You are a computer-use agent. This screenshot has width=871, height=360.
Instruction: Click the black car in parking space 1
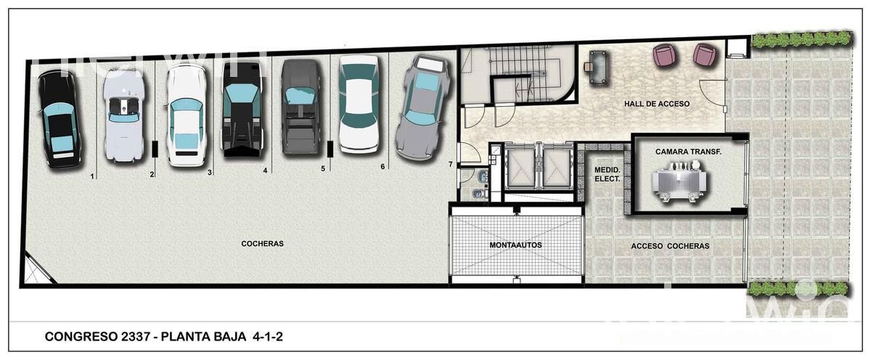tap(60, 119)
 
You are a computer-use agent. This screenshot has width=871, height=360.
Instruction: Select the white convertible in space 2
tap(124, 115)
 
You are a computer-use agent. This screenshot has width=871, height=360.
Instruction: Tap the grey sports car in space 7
tap(422, 107)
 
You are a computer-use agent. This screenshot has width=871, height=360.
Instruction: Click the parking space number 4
tap(265, 171)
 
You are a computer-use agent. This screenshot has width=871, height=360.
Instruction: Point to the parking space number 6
tap(383, 166)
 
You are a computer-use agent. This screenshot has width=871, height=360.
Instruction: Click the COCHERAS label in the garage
tap(263, 244)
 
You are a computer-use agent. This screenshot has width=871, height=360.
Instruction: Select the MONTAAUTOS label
tap(515, 245)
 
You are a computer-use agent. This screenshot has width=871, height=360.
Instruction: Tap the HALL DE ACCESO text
tap(657, 104)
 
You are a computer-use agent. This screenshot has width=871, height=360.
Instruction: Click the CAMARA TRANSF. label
tap(688, 152)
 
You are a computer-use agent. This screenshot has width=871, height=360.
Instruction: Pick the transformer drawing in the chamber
tap(679, 182)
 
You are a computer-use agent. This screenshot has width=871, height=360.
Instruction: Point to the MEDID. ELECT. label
tap(608, 175)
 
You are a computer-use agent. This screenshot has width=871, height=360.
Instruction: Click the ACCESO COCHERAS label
tap(670, 246)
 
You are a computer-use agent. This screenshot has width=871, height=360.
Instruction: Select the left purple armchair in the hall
tap(664, 55)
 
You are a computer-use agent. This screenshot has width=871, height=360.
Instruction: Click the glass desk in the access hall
tap(599, 67)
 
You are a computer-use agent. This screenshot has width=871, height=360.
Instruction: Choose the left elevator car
tap(520, 168)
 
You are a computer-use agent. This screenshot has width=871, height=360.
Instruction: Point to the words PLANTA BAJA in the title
tap(203, 337)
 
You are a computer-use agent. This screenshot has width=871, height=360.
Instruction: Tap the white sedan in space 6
tap(359, 104)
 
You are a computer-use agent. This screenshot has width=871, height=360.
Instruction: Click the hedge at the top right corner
tap(802, 39)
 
